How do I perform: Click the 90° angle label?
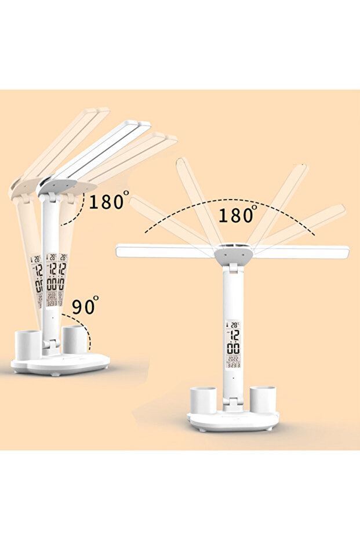coord(85,307)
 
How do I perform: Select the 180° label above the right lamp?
coord(237,215)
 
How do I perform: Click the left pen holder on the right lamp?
coord(203,401)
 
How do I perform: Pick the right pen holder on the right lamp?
coord(263,400)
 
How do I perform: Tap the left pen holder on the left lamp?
coord(28,343)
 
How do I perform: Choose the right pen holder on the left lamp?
coord(74,339)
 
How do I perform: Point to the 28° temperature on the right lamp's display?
coord(233,325)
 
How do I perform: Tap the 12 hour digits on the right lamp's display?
coord(234,336)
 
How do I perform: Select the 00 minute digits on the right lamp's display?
coord(234,349)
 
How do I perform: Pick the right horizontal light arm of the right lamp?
coord(302,252)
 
